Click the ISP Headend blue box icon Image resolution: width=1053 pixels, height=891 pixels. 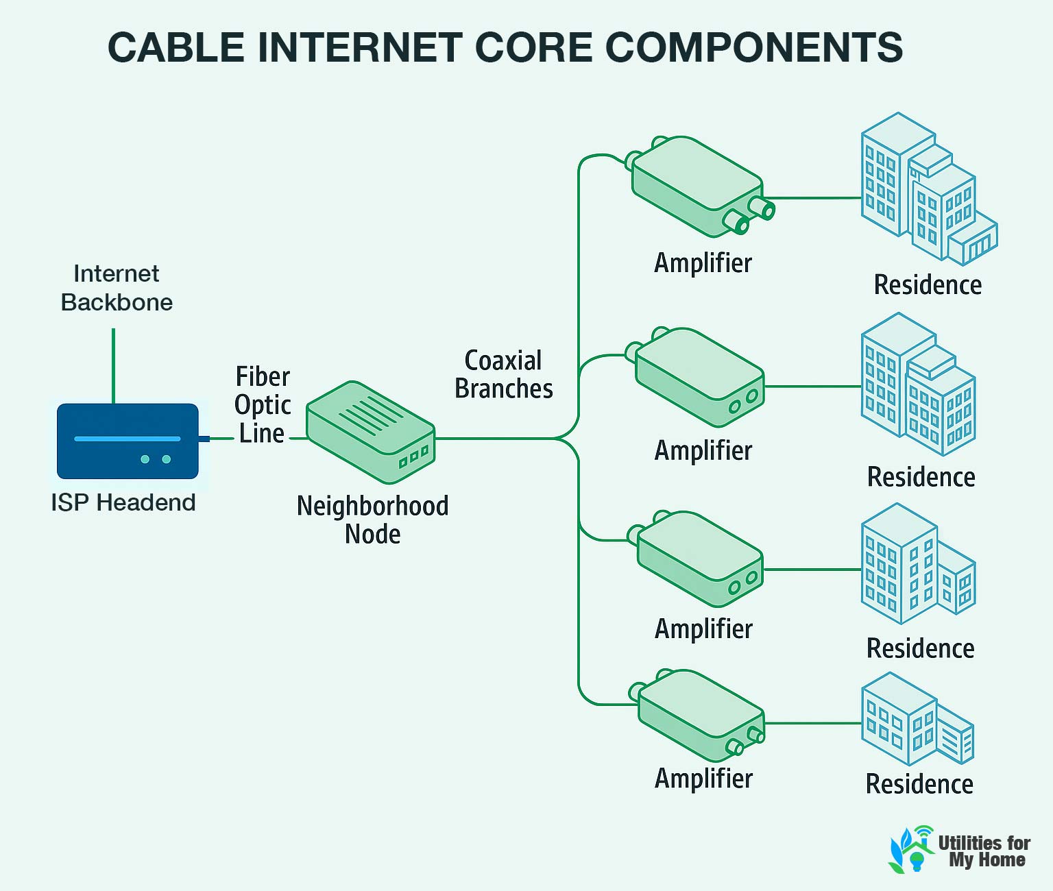coord(128,441)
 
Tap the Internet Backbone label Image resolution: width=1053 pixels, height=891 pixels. coord(117,288)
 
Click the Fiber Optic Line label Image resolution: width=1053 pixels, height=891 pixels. coord(263,405)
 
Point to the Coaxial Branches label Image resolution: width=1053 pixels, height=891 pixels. coord(504,374)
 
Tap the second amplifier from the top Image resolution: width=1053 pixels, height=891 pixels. coord(699,377)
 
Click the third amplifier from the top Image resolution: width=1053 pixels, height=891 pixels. coord(699,559)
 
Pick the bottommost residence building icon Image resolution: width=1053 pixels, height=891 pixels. coord(915,720)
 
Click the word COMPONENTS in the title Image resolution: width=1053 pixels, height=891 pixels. coord(754,47)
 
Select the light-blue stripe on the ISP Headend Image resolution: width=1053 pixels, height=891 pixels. coord(128,439)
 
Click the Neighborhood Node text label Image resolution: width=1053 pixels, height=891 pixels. coord(372,520)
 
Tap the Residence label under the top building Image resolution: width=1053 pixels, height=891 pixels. coord(928,285)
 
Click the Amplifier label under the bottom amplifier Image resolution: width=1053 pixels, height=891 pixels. coord(703,779)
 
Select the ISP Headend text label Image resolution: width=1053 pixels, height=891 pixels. coord(123,502)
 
